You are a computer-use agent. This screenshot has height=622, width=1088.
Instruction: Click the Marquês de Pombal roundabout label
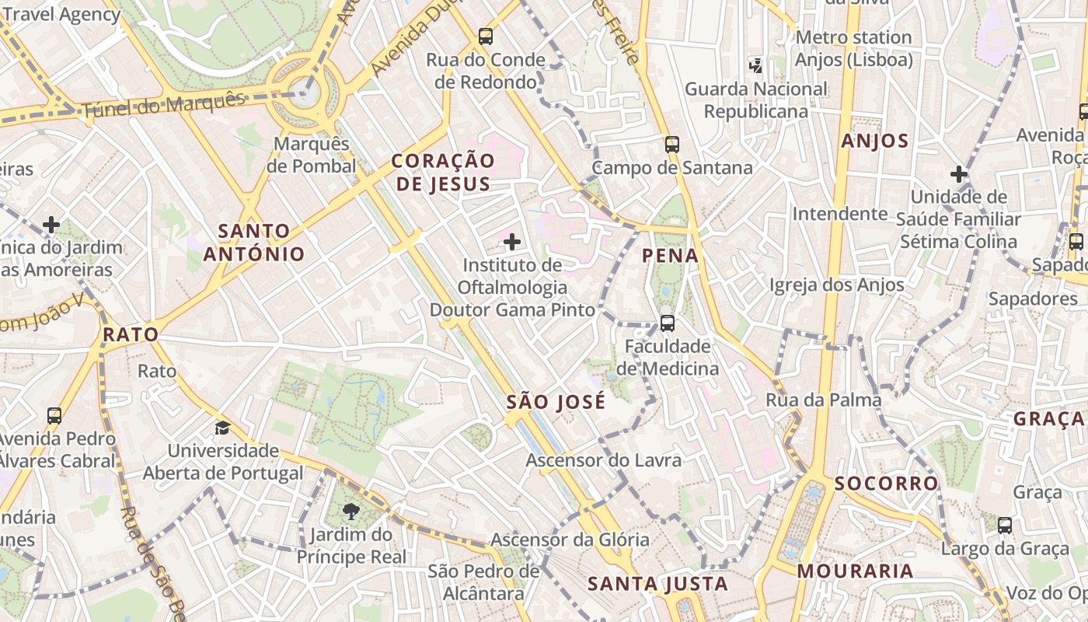(x=311, y=155)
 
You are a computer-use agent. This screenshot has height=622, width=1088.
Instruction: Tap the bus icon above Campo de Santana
(x=672, y=144)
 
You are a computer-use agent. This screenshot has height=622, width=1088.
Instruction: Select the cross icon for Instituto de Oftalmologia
(x=512, y=242)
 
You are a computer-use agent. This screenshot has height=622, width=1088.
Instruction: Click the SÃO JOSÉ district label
(x=556, y=402)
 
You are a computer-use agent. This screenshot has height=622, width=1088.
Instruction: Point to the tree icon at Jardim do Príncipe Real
(x=351, y=512)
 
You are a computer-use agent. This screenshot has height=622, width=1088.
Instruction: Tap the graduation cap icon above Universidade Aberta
(x=223, y=428)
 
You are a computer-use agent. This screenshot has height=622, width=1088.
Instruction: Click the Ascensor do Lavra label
(x=603, y=460)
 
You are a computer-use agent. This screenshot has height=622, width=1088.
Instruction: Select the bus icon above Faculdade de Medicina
(x=667, y=323)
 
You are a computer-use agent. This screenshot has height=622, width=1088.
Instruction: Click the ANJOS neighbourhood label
(x=875, y=141)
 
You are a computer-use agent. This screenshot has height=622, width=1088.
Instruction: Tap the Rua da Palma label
(x=824, y=400)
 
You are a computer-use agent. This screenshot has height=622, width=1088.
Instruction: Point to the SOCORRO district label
(x=887, y=483)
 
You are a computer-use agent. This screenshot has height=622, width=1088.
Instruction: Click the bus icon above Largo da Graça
(x=1005, y=525)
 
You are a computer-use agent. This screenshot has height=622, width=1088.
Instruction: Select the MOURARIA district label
(x=855, y=571)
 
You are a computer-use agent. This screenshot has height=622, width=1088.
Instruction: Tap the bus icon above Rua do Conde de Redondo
(x=486, y=36)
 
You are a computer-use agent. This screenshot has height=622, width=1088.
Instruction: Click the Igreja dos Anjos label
(x=837, y=285)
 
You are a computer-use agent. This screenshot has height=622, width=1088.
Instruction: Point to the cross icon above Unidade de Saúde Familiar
(x=959, y=173)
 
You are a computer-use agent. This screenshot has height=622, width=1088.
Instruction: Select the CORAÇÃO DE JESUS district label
(x=442, y=172)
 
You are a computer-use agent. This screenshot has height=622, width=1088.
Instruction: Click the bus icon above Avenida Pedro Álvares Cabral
(x=54, y=415)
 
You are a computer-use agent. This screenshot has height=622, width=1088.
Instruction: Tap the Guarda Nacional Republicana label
(x=755, y=100)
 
